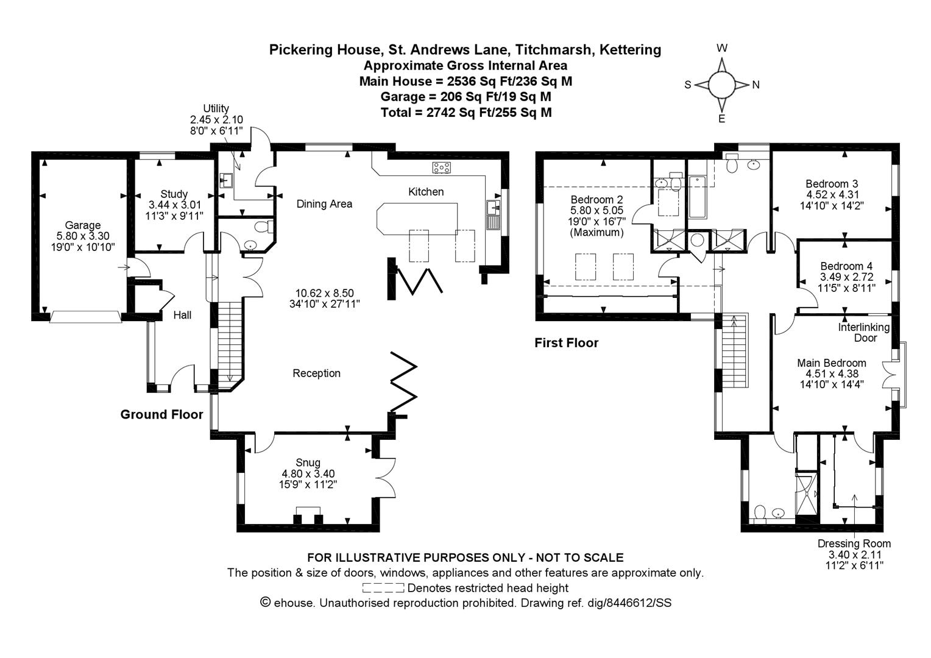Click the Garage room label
pos(83,225)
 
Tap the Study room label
pos(174,194)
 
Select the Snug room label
pos(308,462)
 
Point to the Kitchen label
pos(426,192)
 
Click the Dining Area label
pos(324,203)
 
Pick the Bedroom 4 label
pos(846,266)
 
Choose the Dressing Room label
pos(854,543)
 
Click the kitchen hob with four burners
pos(441,168)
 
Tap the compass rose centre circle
pos(722,85)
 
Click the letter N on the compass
pos(756,85)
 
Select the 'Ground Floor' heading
pos(161,414)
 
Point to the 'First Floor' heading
pos(567,343)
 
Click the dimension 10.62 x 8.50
pos(325,292)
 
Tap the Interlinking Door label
pos(863,333)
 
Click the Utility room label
pos(216,108)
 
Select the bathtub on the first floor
pos(698,197)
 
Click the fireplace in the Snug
pos(308,515)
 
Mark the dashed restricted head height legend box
pos(383,588)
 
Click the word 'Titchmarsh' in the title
pos(553,49)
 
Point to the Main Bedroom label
pos(831,363)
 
